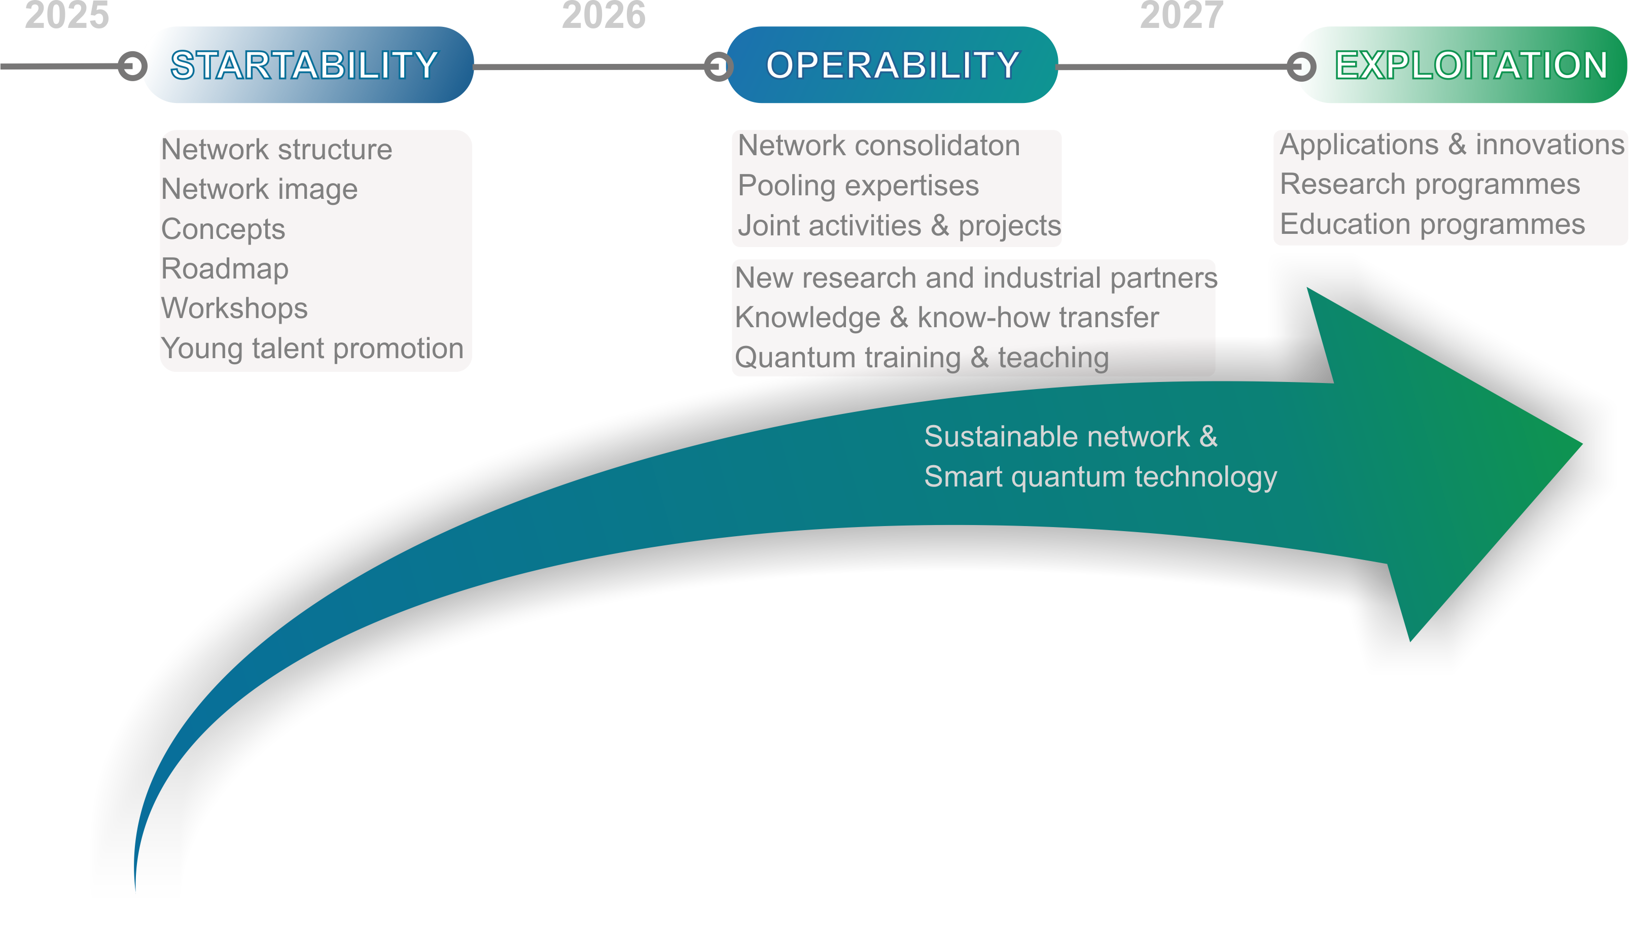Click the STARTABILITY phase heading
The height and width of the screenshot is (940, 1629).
click(304, 65)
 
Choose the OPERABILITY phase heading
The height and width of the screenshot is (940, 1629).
click(893, 65)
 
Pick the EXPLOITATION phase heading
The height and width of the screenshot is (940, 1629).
click(1471, 65)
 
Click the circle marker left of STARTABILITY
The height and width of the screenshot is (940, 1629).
click(132, 66)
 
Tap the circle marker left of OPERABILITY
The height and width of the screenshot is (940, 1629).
click(718, 66)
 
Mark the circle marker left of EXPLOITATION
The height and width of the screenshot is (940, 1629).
click(1301, 66)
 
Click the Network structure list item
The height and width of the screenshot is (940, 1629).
click(276, 150)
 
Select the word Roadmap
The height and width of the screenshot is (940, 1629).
click(225, 268)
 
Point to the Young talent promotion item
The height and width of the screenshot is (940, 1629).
click(312, 349)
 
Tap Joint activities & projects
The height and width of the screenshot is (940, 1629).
click(899, 226)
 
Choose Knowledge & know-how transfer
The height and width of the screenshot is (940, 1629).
click(947, 318)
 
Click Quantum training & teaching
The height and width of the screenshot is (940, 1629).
click(922, 358)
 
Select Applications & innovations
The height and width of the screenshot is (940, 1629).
click(1451, 145)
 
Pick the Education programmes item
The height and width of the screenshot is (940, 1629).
click(1432, 225)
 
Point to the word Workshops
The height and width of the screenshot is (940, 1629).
click(234, 308)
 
